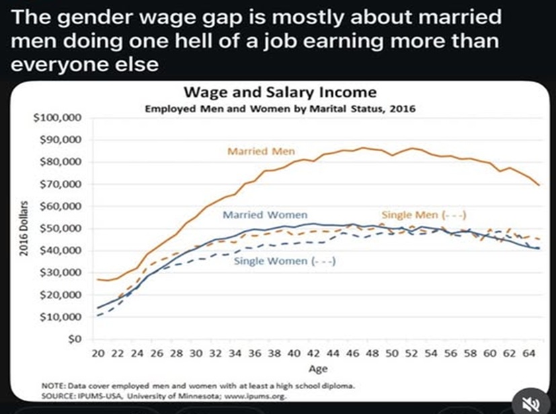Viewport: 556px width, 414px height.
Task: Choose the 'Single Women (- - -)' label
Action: pos(284,261)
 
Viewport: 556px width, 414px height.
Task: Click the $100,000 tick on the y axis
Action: pos(57,118)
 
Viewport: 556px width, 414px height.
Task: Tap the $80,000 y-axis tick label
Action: pos(60,163)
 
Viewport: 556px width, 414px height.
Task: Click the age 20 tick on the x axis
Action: pos(97,353)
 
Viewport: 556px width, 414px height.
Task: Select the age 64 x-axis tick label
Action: pos(531,353)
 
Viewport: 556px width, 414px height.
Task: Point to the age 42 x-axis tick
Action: pos(314,353)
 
